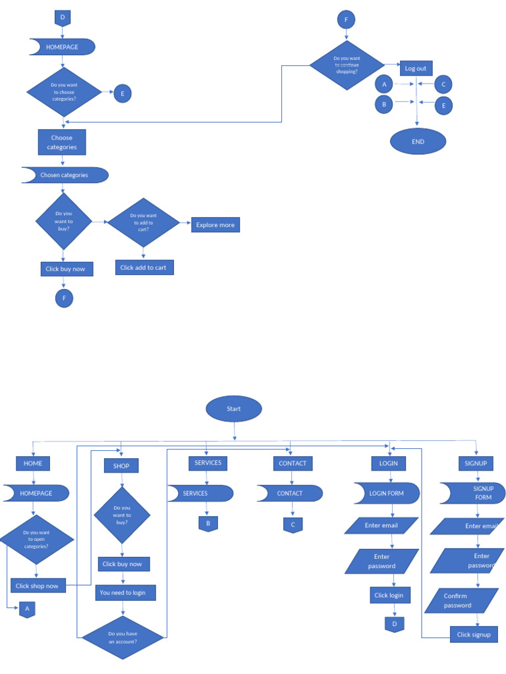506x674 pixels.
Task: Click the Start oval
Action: (234, 409)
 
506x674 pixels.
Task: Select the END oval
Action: (418, 142)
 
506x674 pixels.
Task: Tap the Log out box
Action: (415, 68)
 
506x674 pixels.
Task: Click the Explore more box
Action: (215, 225)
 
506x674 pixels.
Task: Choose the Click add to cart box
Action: (143, 268)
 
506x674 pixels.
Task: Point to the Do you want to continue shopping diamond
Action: (347, 65)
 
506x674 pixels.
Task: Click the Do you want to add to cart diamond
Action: (143, 222)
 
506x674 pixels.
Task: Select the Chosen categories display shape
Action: (65, 175)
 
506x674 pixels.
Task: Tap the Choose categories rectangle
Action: (62, 142)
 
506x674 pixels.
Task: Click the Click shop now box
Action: (37, 586)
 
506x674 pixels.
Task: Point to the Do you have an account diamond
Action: (123, 637)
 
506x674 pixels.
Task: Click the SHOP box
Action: (121, 465)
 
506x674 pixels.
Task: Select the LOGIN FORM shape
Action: (387, 493)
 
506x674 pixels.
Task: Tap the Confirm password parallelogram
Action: (461, 600)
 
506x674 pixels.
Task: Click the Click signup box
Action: (474, 635)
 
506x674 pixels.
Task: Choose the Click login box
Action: (390, 595)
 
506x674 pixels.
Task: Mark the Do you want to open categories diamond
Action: (36, 540)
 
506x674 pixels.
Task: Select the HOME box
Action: (33, 463)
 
